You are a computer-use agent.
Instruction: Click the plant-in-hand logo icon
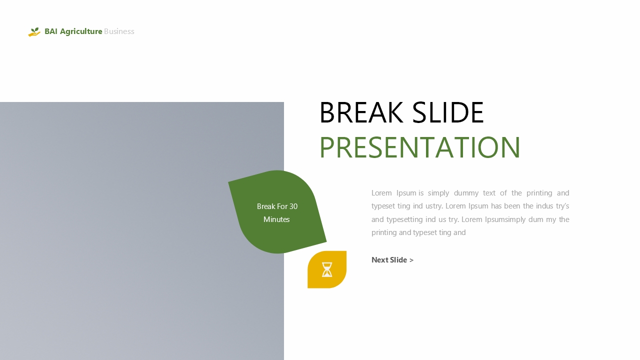coord(34,31)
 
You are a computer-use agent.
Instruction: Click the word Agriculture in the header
coord(81,31)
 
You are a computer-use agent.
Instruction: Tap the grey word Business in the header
coord(119,31)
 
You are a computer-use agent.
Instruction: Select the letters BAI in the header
coord(51,31)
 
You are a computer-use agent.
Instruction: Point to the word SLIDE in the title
coord(448,112)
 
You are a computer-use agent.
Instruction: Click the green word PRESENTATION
coord(419,147)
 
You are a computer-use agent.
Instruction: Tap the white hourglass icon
coord(327,269)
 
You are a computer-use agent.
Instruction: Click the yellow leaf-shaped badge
coord(327,269)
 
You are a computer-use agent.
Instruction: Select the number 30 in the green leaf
coord(293,206)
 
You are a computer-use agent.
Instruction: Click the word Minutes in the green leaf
coord(276,219)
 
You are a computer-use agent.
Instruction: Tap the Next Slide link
coord(392,259)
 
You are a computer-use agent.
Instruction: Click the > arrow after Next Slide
coord(411,260)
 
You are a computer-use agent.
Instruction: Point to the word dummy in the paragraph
coord(466,193)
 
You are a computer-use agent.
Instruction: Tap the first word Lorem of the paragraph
coord(381,193)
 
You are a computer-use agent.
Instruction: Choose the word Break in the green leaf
coord(266,206)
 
